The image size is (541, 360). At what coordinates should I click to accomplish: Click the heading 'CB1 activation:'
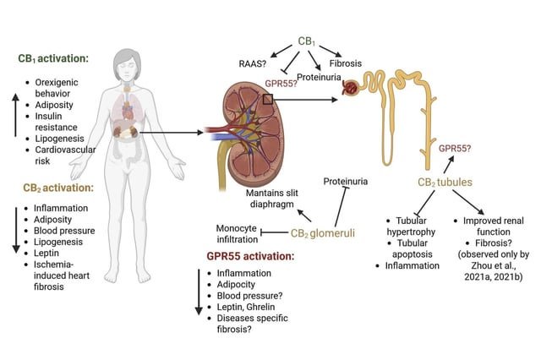tap(53, 58)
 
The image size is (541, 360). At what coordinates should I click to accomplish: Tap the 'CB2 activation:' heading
tap(58, 188)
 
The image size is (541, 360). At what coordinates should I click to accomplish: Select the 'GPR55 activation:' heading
tap(251, 256)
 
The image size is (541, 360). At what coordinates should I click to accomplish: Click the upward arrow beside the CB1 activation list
tap(15, 115)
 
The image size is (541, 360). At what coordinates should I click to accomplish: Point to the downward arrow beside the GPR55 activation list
tap(199, 292)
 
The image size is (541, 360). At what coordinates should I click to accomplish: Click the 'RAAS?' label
tap(253, 63)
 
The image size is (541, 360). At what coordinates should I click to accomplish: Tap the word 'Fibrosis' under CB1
tap(346, 63)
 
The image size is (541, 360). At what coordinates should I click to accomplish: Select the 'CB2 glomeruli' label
tap(323, 233)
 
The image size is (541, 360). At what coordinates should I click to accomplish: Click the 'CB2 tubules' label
tap(445, 182)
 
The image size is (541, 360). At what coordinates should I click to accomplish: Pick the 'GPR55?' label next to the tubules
tap(455, 149)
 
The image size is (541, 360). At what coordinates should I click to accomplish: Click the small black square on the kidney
tap(268, 100)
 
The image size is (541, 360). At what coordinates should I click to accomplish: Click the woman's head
tap(128, 65)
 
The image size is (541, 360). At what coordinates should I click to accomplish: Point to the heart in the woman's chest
tap(128, 112)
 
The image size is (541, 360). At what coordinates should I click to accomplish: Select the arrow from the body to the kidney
tap(171, 133)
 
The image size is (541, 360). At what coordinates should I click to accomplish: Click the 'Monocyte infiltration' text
tap(237, 233)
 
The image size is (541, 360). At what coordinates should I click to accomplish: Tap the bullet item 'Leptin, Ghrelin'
tap(246, 307)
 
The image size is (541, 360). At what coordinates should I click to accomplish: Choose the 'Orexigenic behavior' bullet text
tap(57, 88)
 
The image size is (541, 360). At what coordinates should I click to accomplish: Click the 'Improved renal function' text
tap(494, 226)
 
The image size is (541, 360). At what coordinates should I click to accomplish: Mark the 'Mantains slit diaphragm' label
tap(272, 199)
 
